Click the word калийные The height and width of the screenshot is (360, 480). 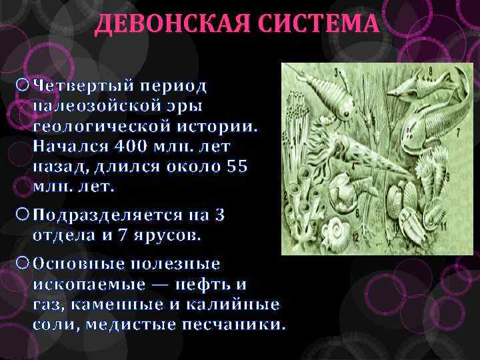243,305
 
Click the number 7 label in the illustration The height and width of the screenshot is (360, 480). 440,134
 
